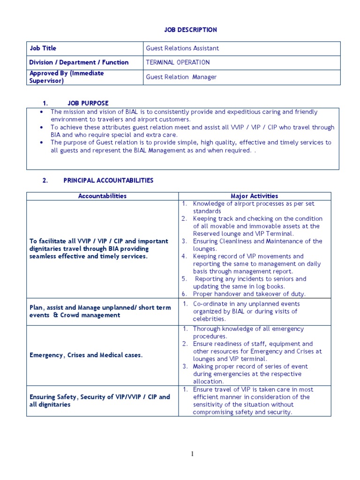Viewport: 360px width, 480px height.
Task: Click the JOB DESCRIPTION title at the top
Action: tap(190, 30)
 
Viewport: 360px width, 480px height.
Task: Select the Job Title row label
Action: tap(43, 48)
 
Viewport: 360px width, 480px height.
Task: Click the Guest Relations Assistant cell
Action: tap(182, 48)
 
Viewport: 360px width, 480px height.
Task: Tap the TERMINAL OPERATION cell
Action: tap(178, 62)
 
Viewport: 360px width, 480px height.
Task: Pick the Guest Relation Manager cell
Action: tap(181, 77)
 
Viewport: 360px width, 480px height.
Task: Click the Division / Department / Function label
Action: tap(79, 62)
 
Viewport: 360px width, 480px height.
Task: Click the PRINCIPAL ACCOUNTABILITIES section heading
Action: tap(108, 180)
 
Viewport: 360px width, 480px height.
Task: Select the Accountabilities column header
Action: tap(102, 196)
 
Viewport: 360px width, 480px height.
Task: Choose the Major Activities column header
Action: tap(254, 196)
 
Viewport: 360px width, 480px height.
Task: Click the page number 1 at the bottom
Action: tap(192, 453)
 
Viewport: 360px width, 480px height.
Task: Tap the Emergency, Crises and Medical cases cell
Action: tap(86, 355)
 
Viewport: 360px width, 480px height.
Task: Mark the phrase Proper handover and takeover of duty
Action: tap(249, 294)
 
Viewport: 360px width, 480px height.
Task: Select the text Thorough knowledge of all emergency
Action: tap(248, 329)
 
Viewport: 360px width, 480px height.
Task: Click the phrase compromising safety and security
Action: tap(242, 412)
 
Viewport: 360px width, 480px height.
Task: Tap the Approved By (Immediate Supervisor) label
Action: tap(67, 77)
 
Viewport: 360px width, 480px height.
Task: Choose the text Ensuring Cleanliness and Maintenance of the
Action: tap(257, 241)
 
